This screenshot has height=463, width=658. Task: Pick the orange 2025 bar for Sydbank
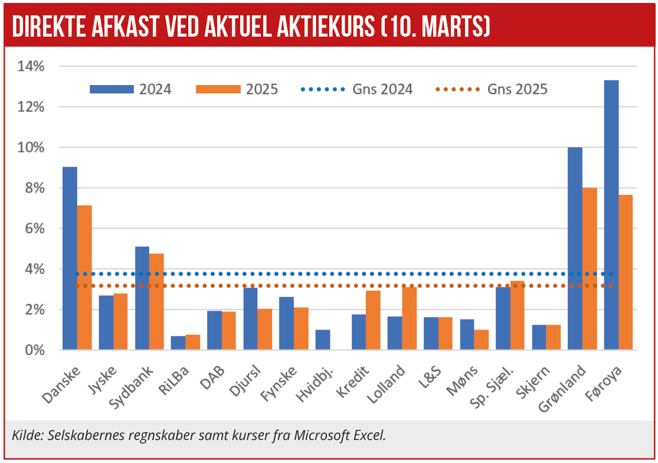156,302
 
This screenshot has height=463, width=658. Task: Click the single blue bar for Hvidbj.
323,340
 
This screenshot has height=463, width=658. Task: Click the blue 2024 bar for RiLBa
178,343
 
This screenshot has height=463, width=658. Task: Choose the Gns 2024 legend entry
356,89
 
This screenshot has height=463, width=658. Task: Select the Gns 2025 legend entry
491,89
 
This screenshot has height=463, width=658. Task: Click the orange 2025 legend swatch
218,89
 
